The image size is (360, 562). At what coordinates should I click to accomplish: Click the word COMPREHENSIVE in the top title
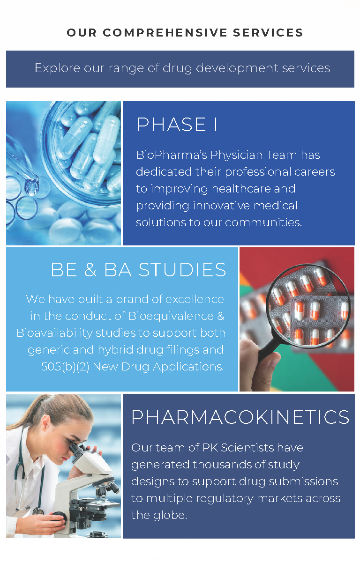165,33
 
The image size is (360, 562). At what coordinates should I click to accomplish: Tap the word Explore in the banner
57,68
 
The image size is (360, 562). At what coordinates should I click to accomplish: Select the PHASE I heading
177,125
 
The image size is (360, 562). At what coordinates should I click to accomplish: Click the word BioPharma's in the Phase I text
172,155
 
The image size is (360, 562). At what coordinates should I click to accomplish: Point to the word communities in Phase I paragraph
263,222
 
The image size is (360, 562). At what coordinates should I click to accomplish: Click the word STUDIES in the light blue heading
182,270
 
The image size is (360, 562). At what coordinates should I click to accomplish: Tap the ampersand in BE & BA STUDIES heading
90,270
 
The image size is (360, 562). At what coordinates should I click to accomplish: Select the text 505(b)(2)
65,367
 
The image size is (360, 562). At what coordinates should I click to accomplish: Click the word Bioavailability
54,333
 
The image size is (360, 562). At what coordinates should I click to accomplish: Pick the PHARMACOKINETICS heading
240,417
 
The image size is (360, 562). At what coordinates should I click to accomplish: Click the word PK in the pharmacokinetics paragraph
210,448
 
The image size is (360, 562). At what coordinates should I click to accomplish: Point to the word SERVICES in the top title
268,33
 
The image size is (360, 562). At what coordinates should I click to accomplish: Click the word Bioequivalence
171,317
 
